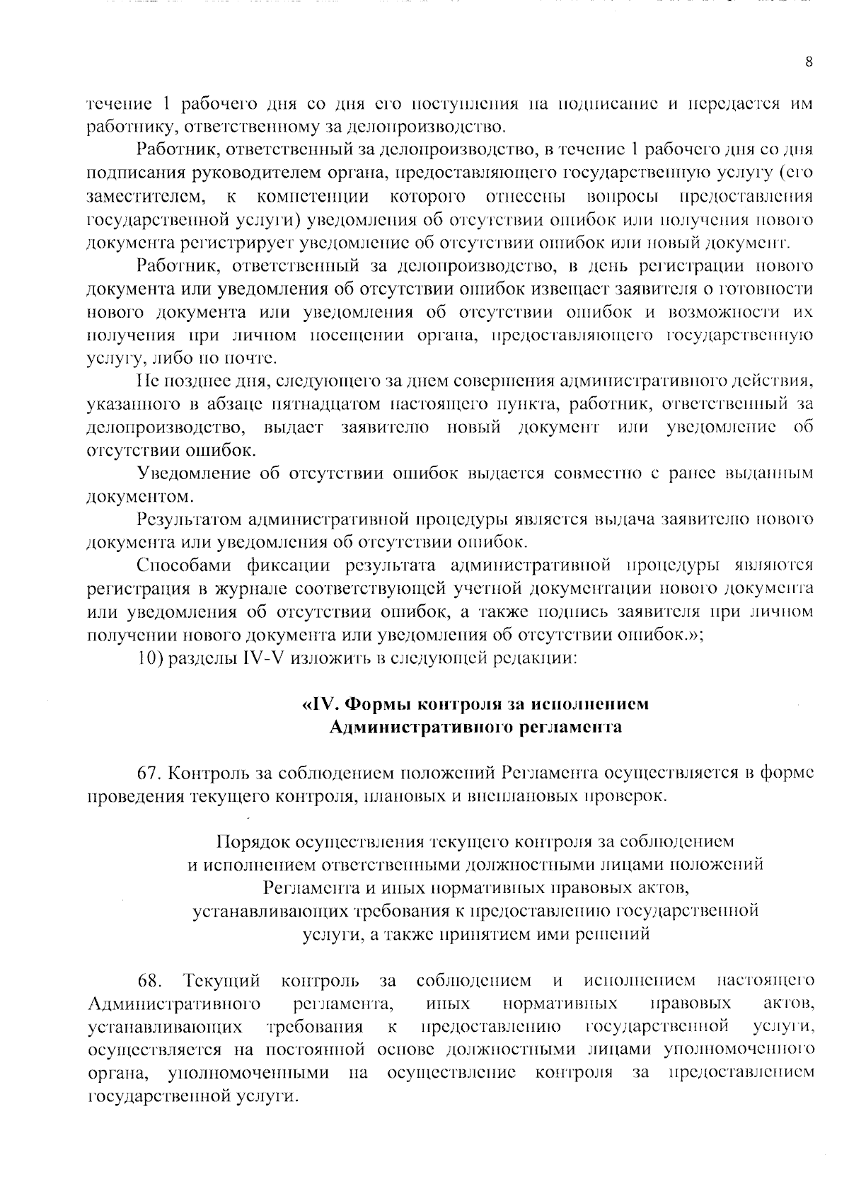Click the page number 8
809,62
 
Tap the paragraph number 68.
150,981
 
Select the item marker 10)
151,658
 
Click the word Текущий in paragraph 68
221,981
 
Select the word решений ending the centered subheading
613,934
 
